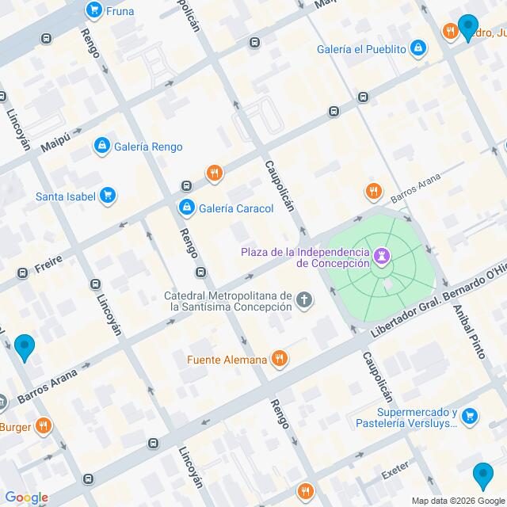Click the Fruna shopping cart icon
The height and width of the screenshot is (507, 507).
(x=94, y=11)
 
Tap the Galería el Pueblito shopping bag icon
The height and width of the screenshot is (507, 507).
(x=419, y=49)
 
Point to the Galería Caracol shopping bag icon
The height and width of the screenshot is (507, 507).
(x=185, y=208)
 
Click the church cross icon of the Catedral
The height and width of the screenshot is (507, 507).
(x=304, y=299)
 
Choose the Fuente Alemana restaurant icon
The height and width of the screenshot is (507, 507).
(x=279, y=360)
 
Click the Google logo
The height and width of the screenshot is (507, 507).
(x=26, y=497)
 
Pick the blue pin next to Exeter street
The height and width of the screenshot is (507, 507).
(x=482, y=475)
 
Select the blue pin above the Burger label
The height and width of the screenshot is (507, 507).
(x=25, y=347)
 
